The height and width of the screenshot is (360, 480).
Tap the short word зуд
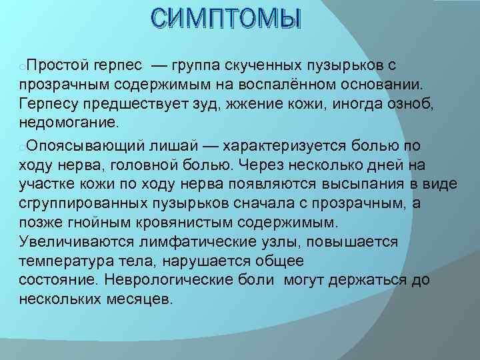204,104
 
